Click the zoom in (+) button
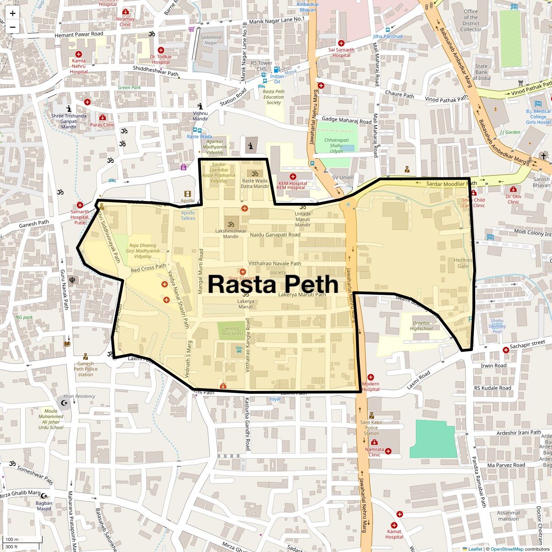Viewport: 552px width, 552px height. tap(12, 13)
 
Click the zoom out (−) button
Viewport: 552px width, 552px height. tap(12, 27)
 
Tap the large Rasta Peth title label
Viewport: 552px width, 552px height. tap(273, 284)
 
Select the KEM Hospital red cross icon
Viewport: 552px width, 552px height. tap(293, 177)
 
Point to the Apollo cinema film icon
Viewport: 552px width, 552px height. tap(187, 194)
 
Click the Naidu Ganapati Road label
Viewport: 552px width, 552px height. tap(275, 235)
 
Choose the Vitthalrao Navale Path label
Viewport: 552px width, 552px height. tap(275, 264)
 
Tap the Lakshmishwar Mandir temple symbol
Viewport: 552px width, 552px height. tap(231, 224)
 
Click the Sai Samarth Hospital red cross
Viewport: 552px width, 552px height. tap(341, 43)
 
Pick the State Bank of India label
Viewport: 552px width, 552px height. tap(482, 72)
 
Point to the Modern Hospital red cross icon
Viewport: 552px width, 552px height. tap(371, 377)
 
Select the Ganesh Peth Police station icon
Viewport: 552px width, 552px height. tap(86, 356)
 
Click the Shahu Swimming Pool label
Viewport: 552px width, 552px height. tap(497, 326)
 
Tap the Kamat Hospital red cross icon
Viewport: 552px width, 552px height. tap(394, 525)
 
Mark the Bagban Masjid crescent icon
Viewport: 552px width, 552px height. tap(44, 496)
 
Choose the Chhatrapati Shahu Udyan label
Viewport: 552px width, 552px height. tap(336, 145)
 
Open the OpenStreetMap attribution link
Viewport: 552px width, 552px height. tap(506, 549)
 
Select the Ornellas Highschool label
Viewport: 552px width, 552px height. tap(421, 326)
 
